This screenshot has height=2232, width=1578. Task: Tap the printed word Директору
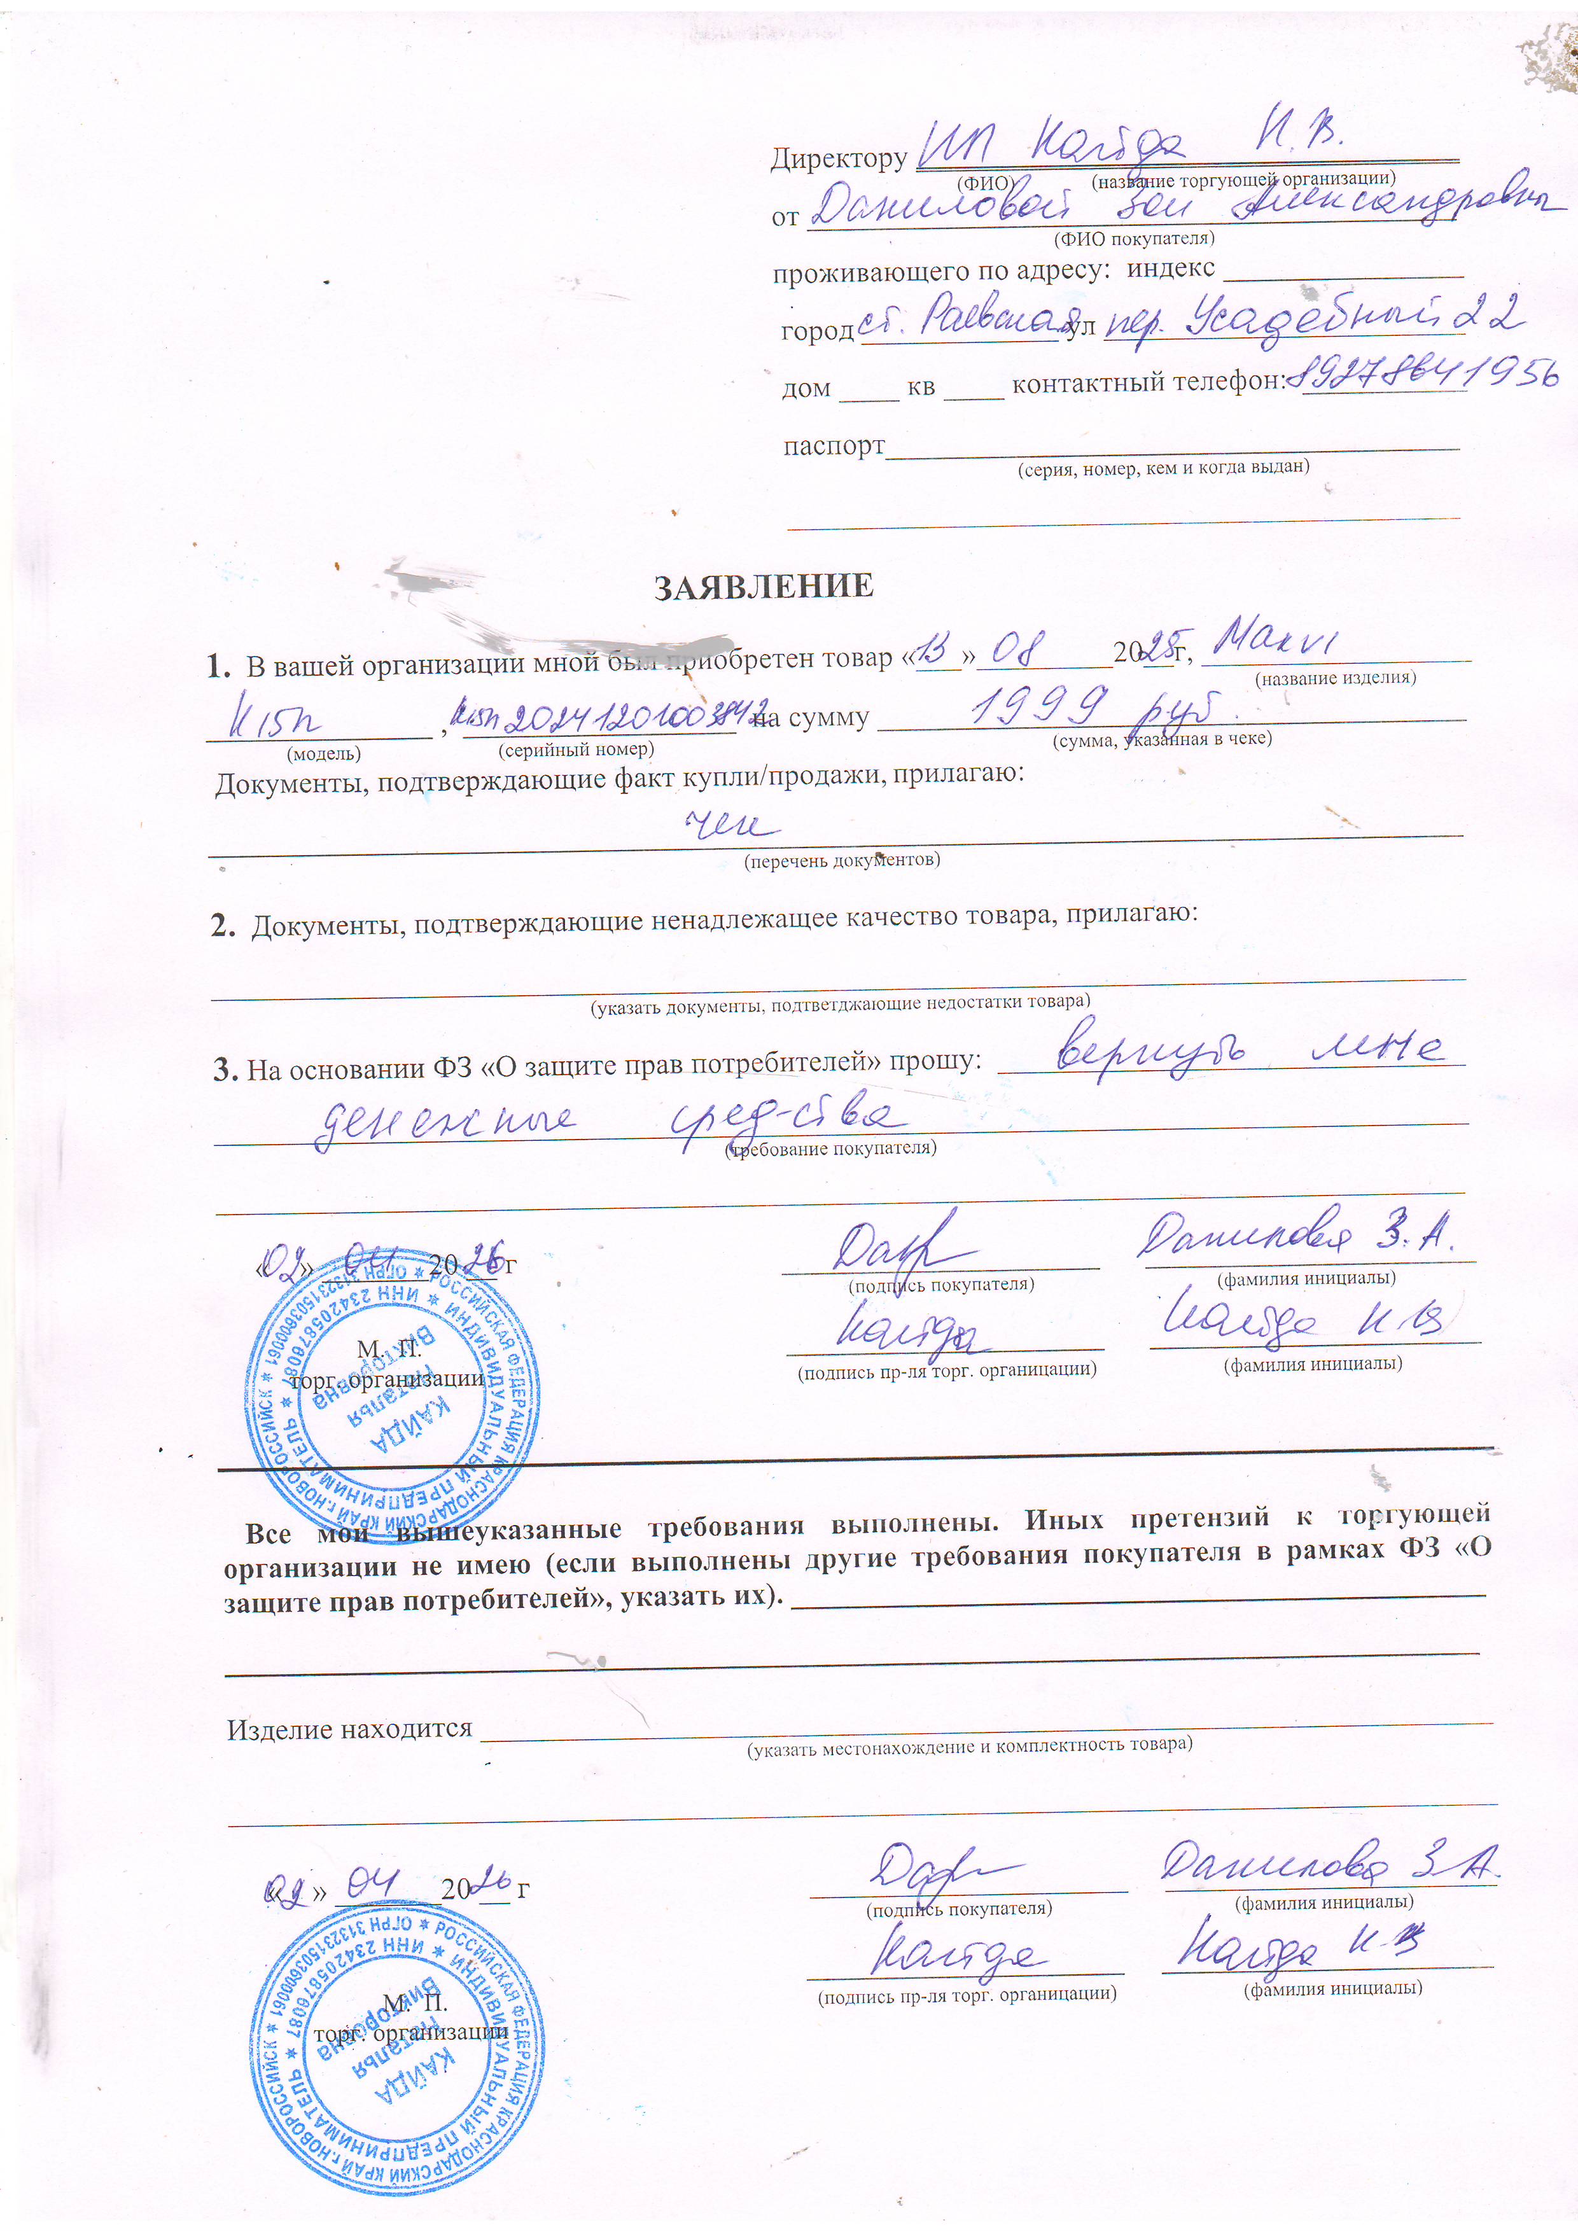[x=838, y=158]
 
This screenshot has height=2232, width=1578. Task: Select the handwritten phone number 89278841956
[x=1427, y=373]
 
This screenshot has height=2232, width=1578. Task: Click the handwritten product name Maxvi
[x=1276, y=641]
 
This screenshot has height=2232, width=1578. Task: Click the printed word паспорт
[x=834, y=445]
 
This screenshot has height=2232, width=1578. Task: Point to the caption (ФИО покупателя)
[x=1134, y=238]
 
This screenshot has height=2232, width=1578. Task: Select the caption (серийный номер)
[x=576, y=750]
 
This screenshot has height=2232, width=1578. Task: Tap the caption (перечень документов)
[x=841, y=860]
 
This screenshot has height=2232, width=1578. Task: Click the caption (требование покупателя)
[x=831, y=1148]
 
